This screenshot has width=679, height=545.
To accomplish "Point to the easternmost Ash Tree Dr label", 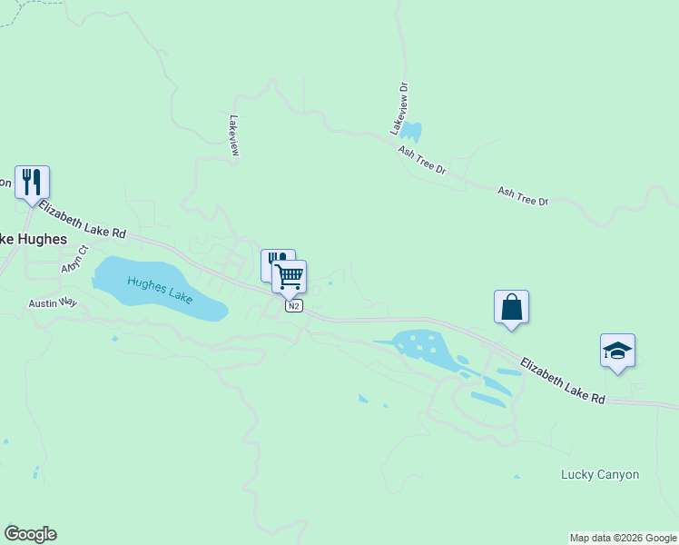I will [524, 195].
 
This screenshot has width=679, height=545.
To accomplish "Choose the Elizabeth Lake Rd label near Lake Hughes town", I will [82, 221].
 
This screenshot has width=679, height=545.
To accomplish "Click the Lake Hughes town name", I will [33, 239].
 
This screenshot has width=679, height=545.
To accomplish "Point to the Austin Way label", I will [53, 302].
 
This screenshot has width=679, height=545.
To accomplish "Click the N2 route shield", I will [293, 306].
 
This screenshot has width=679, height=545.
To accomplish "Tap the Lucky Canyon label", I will [600, 474].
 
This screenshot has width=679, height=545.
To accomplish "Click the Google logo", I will [30, 534].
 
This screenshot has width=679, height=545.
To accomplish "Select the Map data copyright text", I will [624, 538].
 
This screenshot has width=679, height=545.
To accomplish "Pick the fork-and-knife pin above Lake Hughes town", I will [33, 183].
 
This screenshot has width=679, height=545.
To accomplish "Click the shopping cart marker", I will [290, 276].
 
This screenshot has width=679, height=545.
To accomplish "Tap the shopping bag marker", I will [512, 307].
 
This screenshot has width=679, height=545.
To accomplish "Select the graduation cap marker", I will [617, 351].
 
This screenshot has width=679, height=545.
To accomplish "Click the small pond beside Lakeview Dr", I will [411, 131].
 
